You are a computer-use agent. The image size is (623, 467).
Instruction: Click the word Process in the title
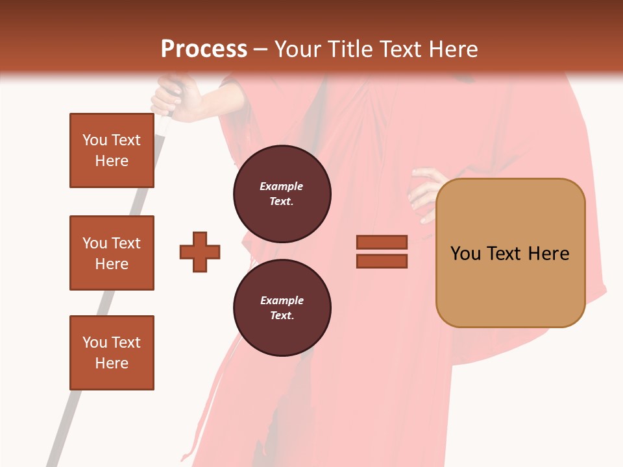[204, 49]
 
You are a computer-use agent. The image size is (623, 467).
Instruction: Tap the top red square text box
[112, 150]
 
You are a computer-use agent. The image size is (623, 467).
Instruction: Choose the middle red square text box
[112, 253]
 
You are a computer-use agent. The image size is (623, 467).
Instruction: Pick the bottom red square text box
[112, 353]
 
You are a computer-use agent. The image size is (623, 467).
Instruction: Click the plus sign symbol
[200, 252]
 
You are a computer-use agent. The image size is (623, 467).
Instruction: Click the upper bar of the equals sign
[382, 242]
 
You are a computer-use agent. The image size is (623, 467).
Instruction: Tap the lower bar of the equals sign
[382, 261]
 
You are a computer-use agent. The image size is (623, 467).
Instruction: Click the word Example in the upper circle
[282, 186]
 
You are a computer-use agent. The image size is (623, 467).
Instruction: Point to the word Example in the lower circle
[282, 300]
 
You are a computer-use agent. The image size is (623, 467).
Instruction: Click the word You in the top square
[94, 140]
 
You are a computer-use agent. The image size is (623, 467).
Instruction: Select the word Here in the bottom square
[112, 363]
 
